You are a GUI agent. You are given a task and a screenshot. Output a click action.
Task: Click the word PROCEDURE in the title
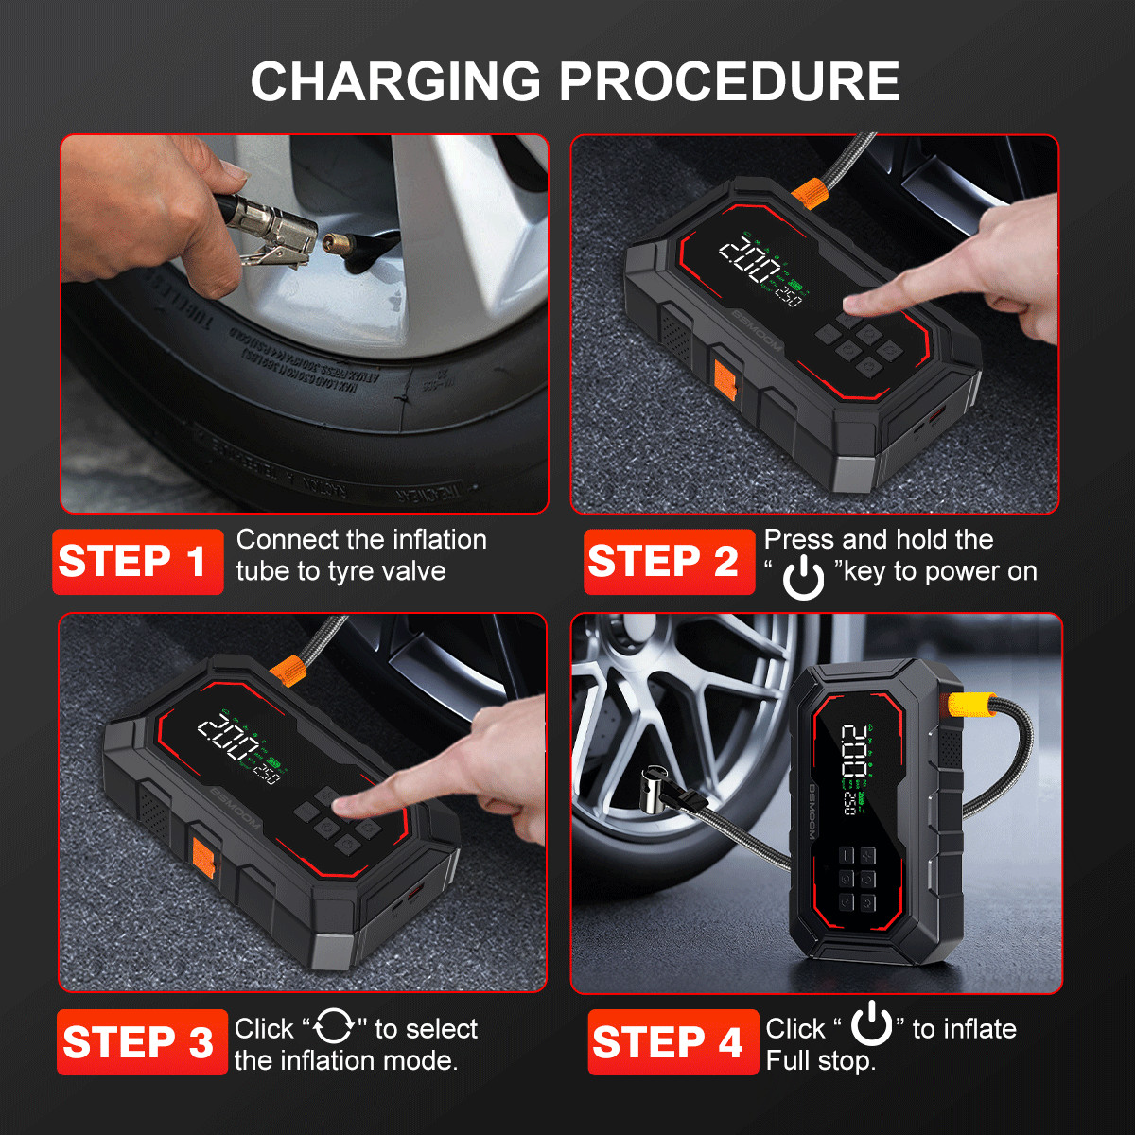729,81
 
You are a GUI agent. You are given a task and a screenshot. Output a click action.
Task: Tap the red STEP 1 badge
137,562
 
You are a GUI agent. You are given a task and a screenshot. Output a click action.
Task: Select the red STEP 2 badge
668,562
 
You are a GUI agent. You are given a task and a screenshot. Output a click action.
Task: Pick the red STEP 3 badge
142,1042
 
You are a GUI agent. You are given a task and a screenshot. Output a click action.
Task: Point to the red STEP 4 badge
672,1042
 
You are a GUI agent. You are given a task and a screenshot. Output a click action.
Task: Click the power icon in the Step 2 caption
803,577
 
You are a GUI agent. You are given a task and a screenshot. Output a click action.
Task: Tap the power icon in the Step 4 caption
871,1024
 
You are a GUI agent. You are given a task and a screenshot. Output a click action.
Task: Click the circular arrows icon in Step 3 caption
334,1026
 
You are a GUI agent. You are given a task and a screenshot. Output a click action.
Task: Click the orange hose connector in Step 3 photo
288,672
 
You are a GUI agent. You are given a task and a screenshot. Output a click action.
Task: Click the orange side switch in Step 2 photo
725,379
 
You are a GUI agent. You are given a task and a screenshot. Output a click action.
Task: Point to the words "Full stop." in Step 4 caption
820,1061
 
